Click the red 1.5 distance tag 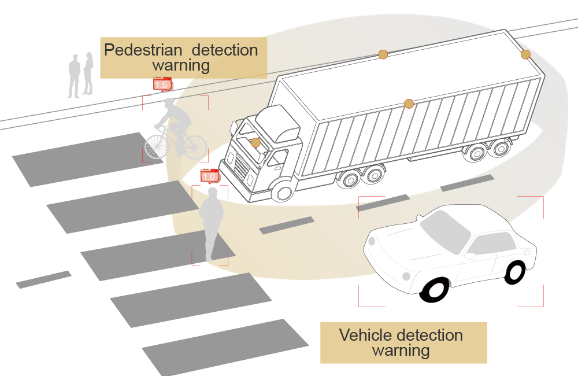[x=161, y=84]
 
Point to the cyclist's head [x=170, y=105]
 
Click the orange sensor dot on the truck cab [x=255, y=142]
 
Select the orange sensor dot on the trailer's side [x=409, y=104]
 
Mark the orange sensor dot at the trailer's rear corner [x=525, y=54]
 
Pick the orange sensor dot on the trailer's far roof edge [x=383, y=54]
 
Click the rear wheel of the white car [x=514, y=272]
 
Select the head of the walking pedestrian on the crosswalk [x=213, y=193]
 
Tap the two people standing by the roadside [x=80, y=75]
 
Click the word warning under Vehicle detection [x=401, y=351]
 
